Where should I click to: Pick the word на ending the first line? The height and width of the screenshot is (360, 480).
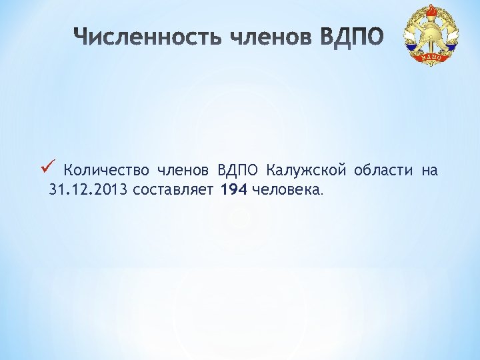point(429,171)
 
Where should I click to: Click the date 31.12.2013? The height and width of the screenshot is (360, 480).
point(89,191)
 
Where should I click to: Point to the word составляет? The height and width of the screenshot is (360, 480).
point(173,191)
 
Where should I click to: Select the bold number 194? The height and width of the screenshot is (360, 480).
point(234,191)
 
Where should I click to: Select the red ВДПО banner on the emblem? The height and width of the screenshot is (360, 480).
point(432,58)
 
